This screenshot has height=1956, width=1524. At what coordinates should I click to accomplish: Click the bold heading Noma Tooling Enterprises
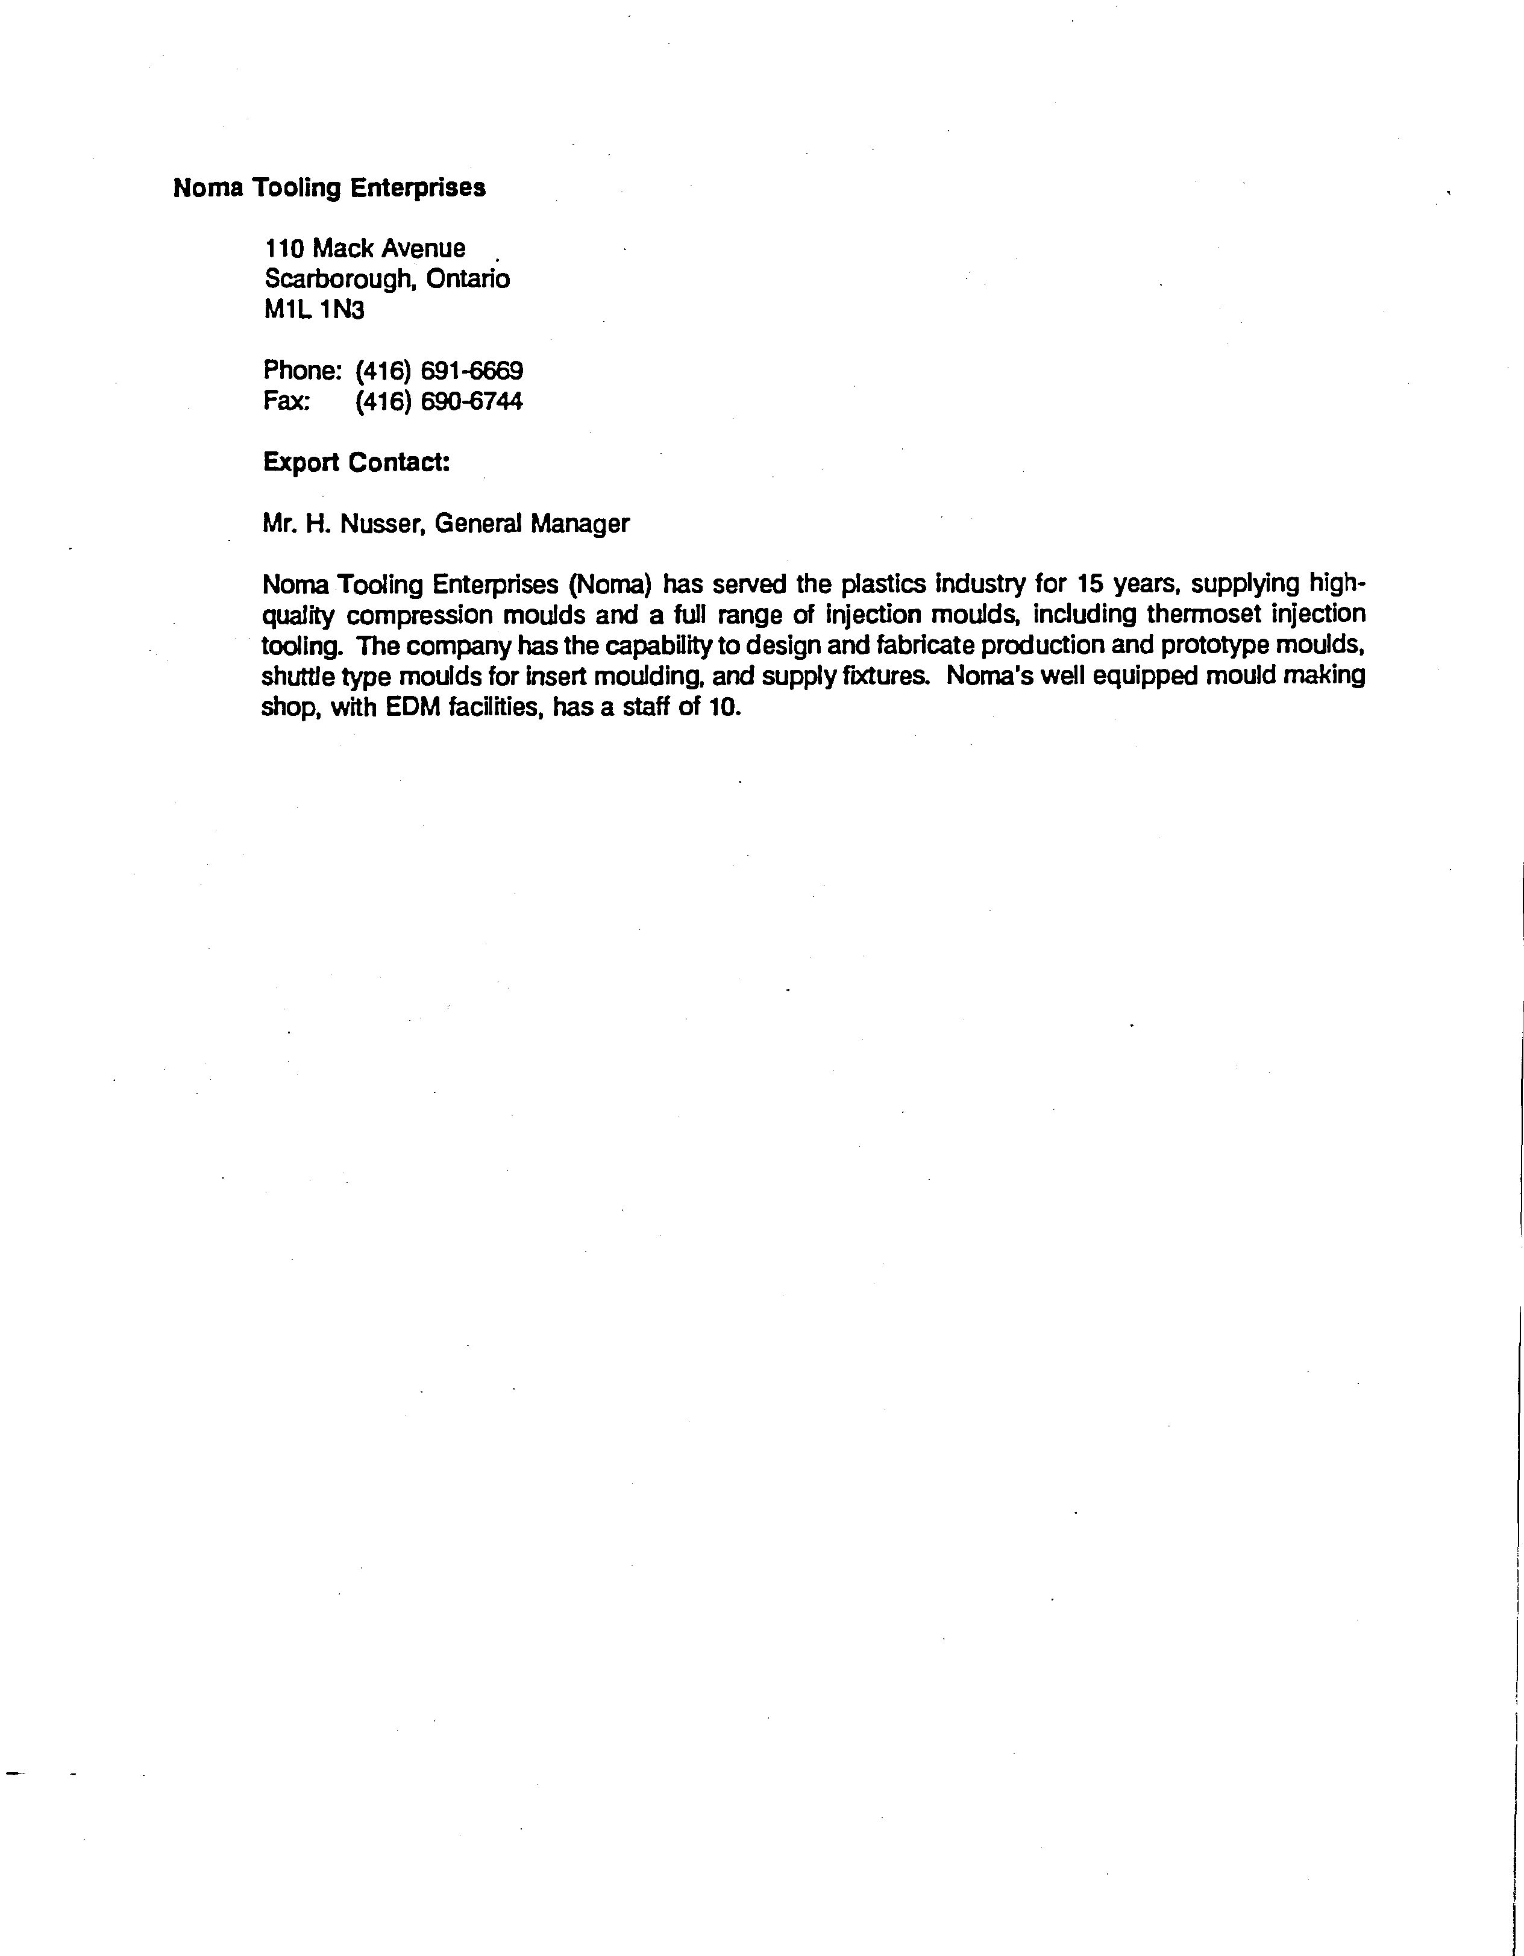(x=328, y=188)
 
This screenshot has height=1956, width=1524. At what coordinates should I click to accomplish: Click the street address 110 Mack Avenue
(x=365, y=248)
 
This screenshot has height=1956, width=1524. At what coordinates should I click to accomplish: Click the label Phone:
(x=303, y=371)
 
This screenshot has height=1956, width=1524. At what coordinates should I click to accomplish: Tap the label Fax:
(x=286, y=401)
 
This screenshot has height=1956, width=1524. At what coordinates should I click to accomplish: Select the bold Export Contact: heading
(x=356, y=462)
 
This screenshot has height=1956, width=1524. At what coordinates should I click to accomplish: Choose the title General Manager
(x=532, y=523)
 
